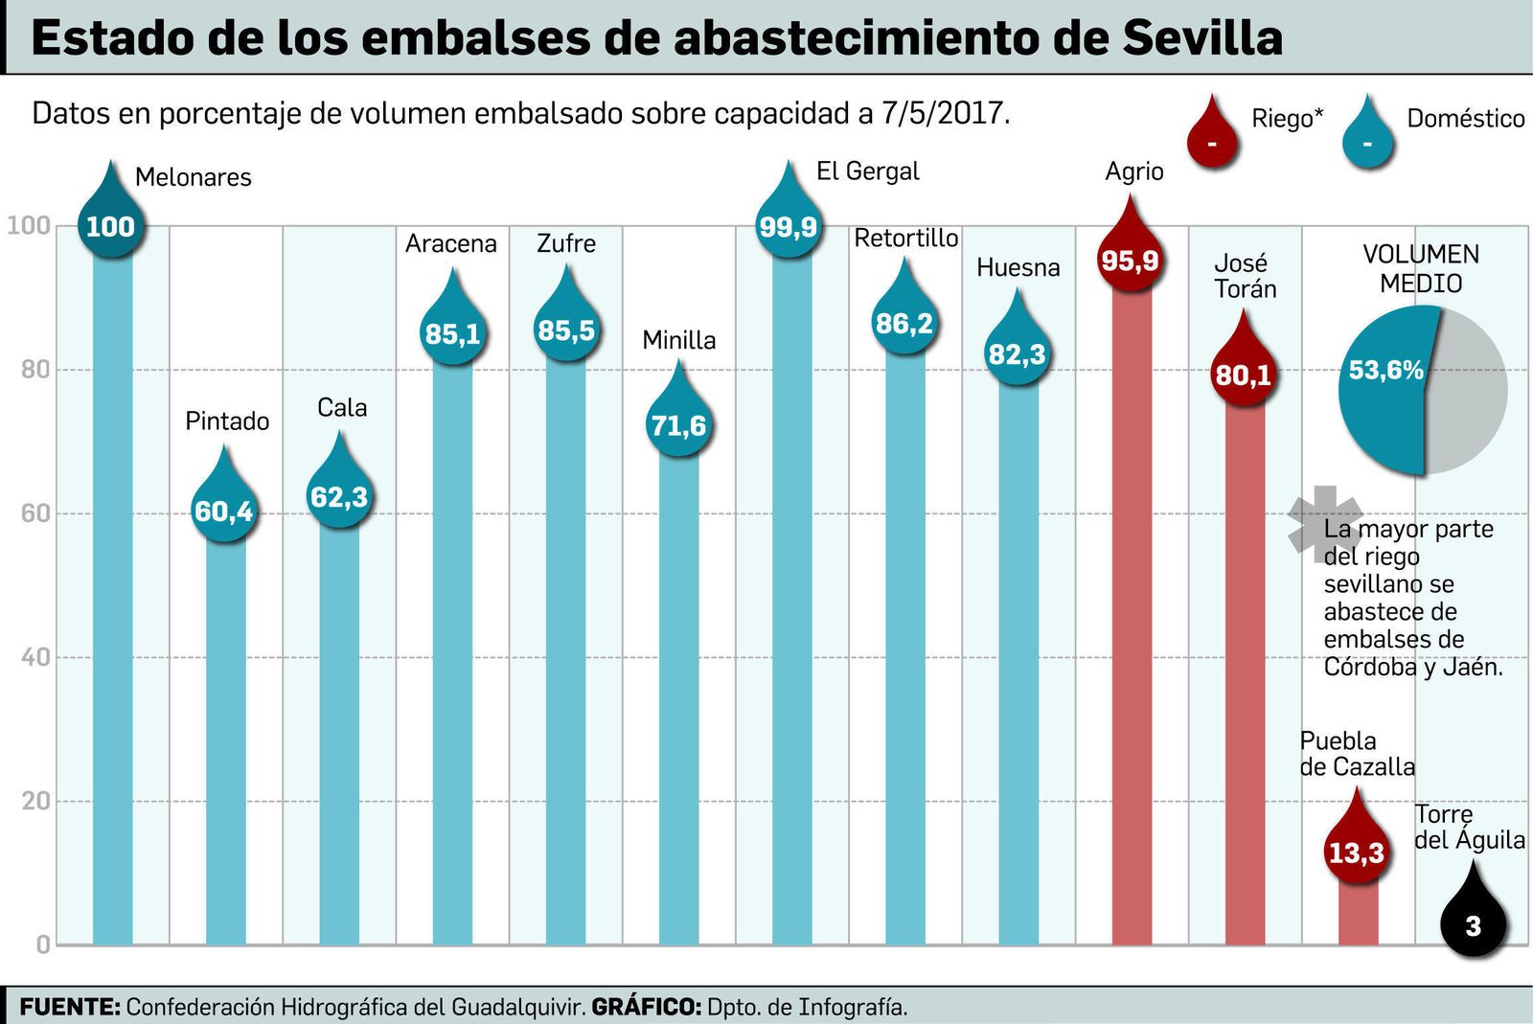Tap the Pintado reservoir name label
click(x=227, y=421)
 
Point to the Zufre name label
click(x=566, y=243)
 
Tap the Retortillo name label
click(x=905, y=239)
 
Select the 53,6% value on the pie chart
click(x=1385, y=370)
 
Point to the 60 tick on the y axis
click(x=35, y=513)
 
